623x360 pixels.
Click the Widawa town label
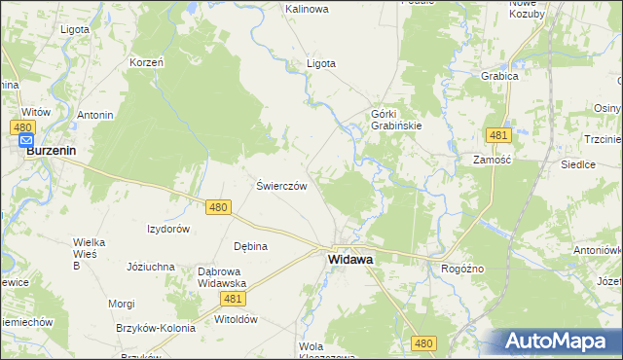352,260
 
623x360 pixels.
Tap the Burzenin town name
51,151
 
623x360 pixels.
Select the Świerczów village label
281,186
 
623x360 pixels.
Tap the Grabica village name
498,75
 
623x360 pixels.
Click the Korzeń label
146,62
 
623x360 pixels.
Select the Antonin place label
95,115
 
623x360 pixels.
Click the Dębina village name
250,246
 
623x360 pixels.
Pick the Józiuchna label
151,266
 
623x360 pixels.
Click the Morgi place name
122,304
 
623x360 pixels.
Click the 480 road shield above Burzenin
24,127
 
